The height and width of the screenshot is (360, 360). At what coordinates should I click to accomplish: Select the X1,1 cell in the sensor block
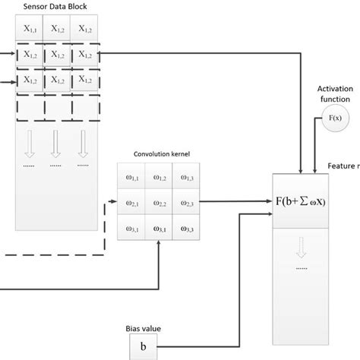coord(30,30)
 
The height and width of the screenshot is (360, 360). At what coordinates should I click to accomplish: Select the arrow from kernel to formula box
coord(235,203)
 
